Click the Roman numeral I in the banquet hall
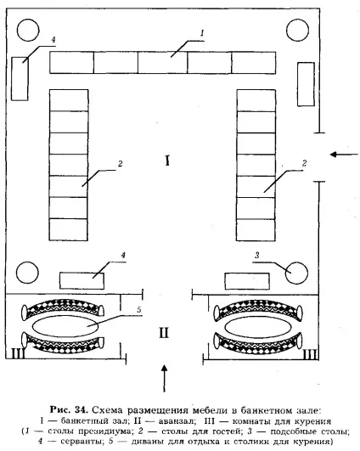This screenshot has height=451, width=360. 167,161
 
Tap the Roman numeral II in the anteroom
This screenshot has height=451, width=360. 164,333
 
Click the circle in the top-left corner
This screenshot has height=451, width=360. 28,30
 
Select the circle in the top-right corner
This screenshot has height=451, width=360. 298,30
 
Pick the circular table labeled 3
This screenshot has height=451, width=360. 296,273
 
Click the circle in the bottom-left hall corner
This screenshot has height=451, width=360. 27,273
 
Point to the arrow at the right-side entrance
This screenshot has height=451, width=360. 344,155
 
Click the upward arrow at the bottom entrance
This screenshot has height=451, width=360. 164,378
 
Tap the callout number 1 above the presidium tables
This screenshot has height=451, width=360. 202,33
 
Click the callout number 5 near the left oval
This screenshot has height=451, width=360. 139,310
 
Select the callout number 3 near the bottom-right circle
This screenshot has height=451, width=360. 257,255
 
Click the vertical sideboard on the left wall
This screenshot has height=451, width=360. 20,78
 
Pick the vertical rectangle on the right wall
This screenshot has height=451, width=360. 306,84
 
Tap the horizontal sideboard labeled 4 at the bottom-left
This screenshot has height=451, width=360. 82,280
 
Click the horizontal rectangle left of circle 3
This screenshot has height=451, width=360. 247,281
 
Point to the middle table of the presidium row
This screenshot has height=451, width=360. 163,62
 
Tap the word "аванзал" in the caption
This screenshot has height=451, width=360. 177,421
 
